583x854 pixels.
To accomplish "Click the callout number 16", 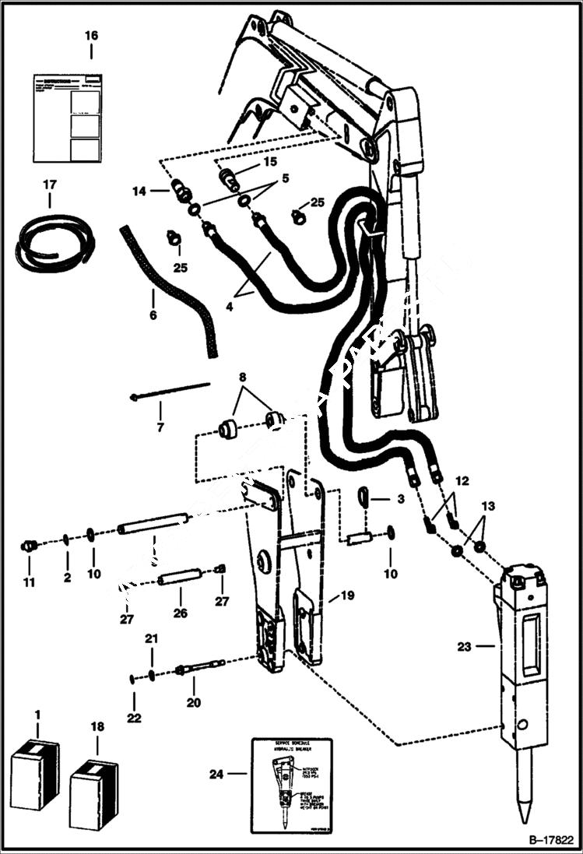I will click(91, 36).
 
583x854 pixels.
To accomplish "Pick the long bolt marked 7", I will click(170, 390).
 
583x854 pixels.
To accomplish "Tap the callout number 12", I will click(462, 483).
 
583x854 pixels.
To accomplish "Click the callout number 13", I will click(487, 507).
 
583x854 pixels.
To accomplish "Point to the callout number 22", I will click(134, 717).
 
